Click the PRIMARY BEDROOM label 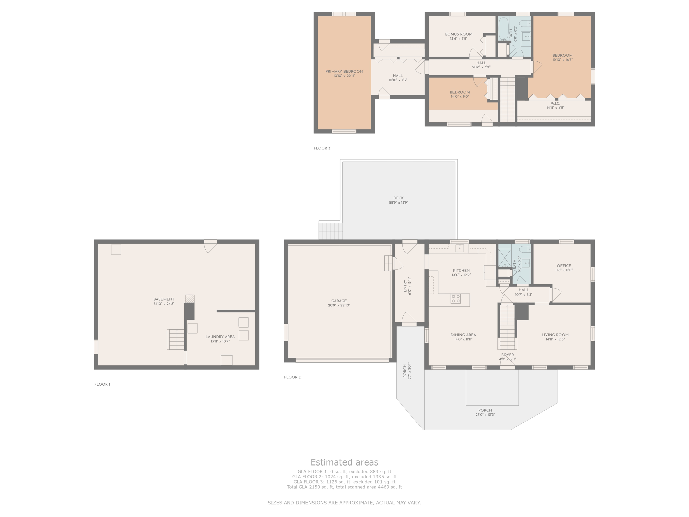click(x=344, y=71)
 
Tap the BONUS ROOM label click(x=459, y=34)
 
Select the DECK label click(x=398, y=198)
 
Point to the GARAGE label click(x=339, y=301)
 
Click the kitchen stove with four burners click(x=456, y=299)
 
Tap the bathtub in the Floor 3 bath click(x=503, y=29)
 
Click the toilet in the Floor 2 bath click(x=525, y=249)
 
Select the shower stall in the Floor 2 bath click(x=505, y=258)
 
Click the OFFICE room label click(x=564, y=266)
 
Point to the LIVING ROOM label click(x=555, y=335)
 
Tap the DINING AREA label click(x=463, y=335)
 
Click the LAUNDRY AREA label click(x=220, y=337)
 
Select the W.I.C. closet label click(x=555, y=103)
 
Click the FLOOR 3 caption click(x=322, y=148)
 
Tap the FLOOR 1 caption click(x=102, y=384)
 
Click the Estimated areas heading click(x=344, y=462)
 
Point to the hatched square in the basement click(x=190, y=299)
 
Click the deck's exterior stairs click(x=331, y=231)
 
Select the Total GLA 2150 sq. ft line click(x=344, y=487)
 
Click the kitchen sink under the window click(x=460, y=248)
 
